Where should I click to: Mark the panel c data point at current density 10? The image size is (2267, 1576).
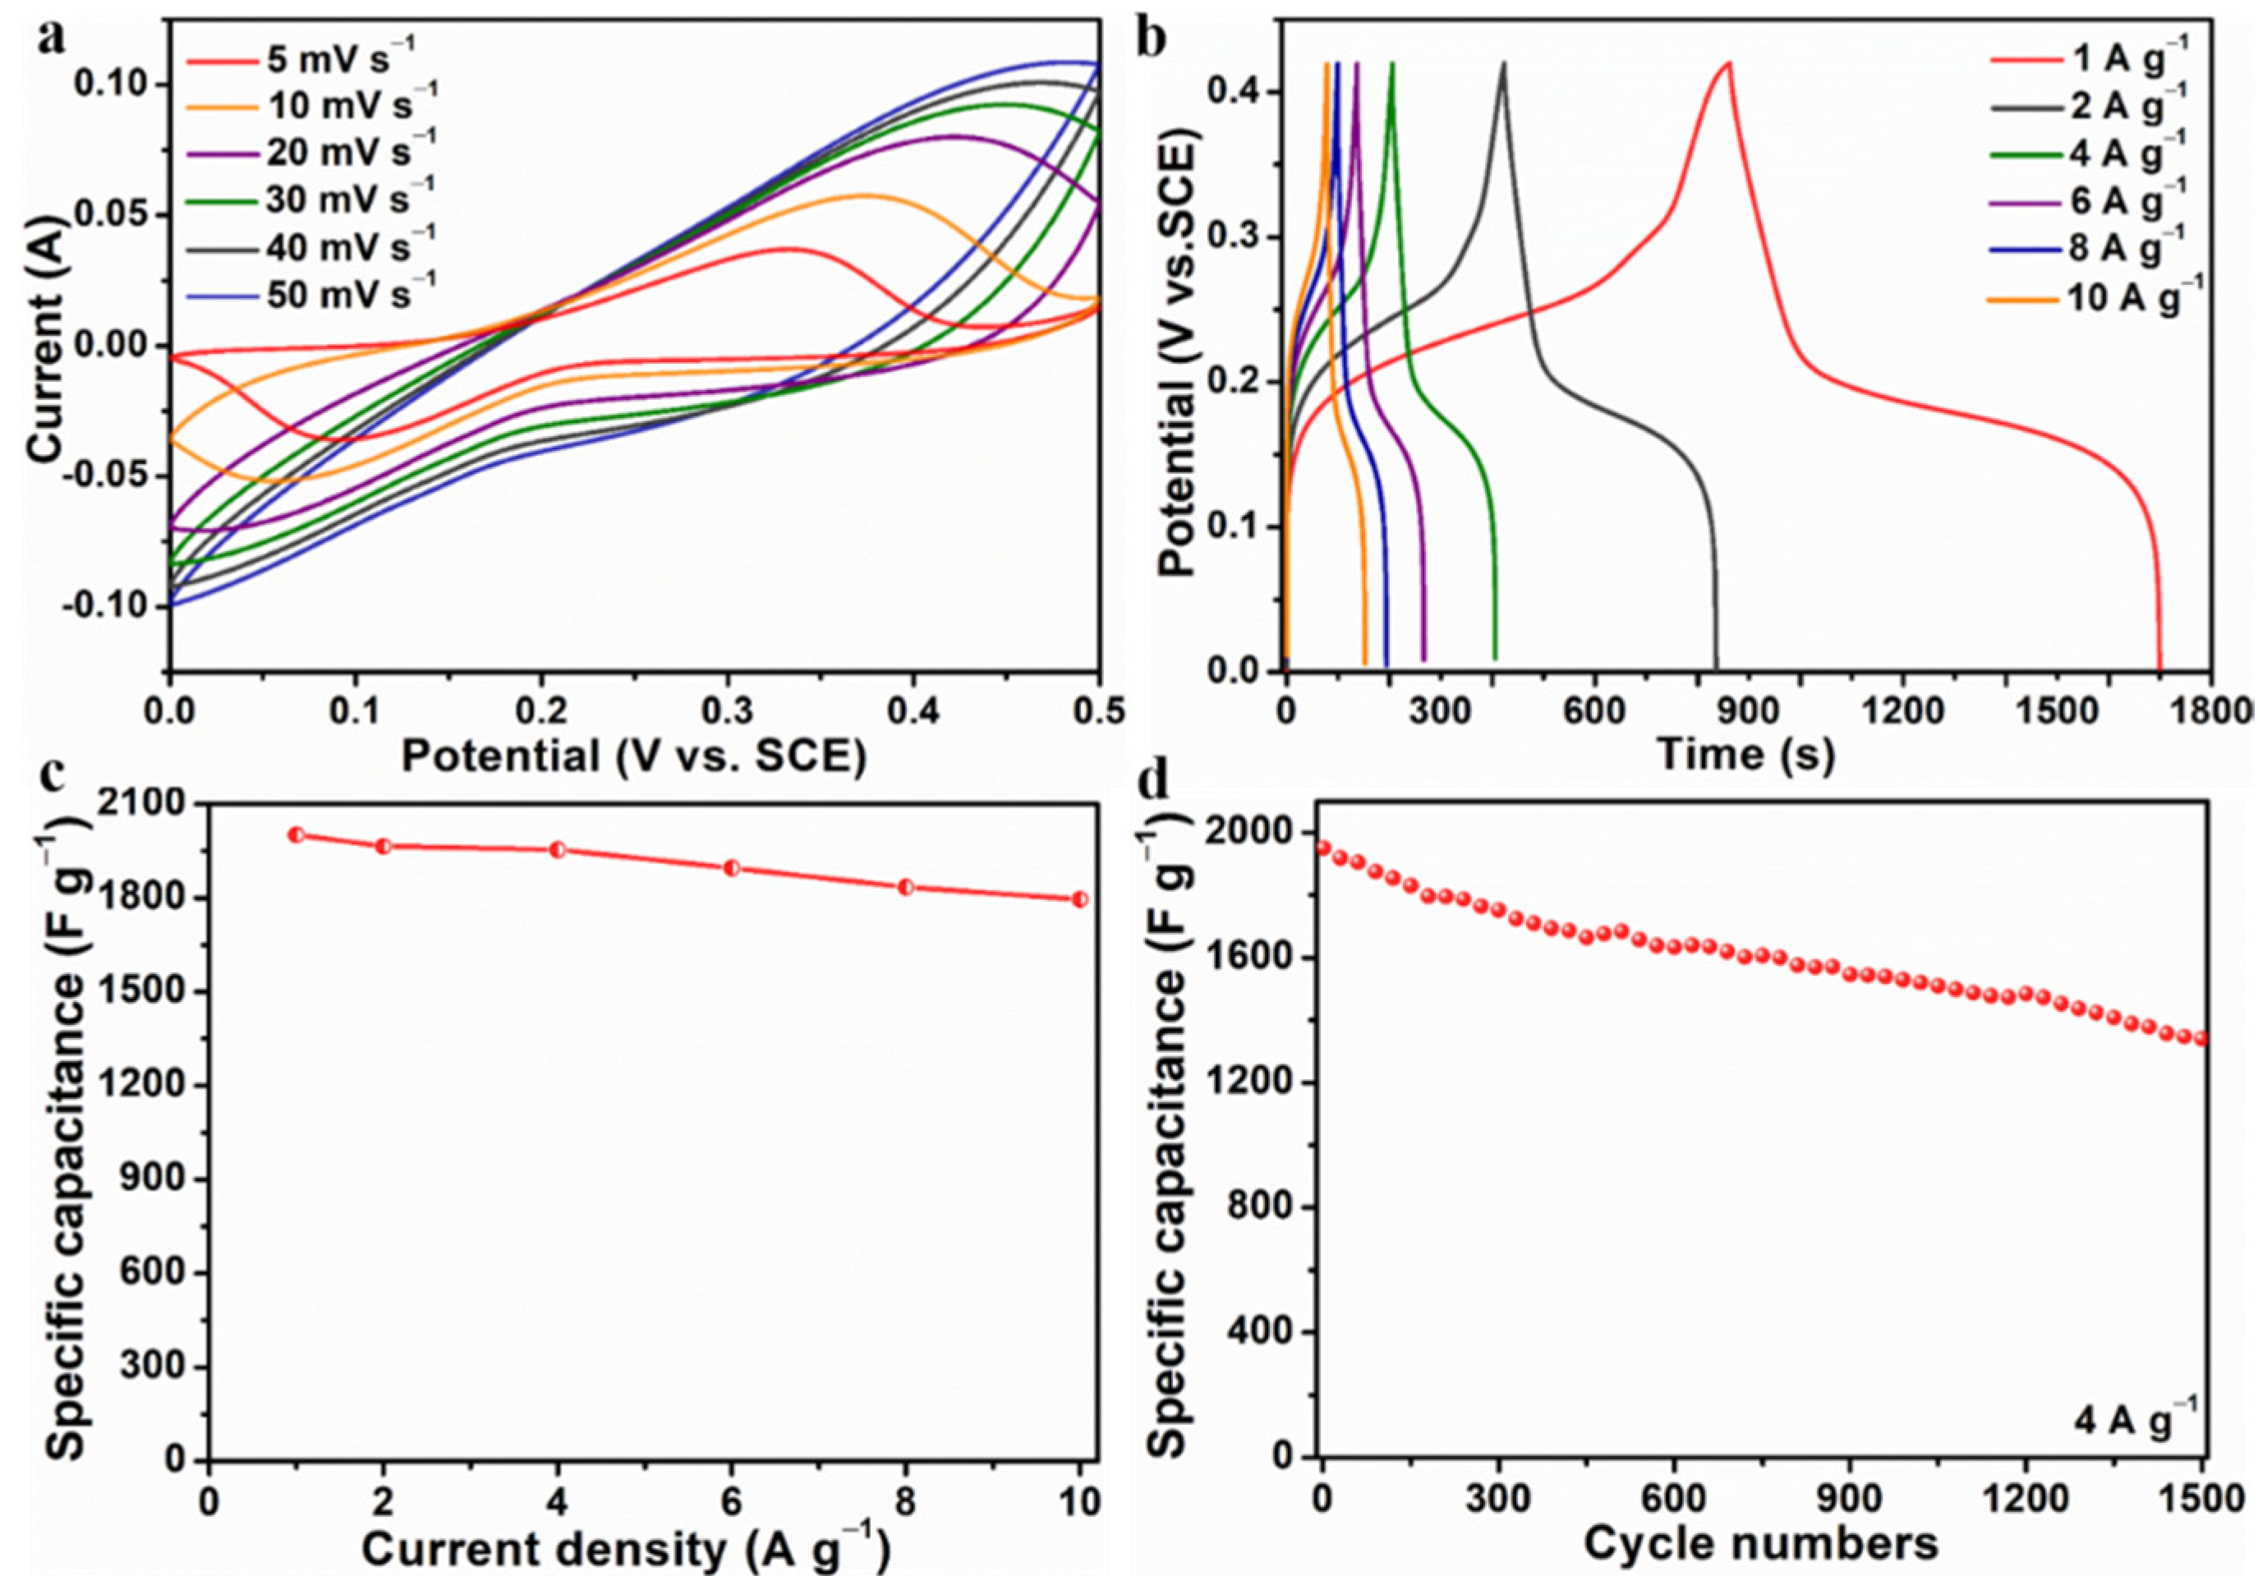(1080, 898)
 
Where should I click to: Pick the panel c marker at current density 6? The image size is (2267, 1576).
(732, 868)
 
